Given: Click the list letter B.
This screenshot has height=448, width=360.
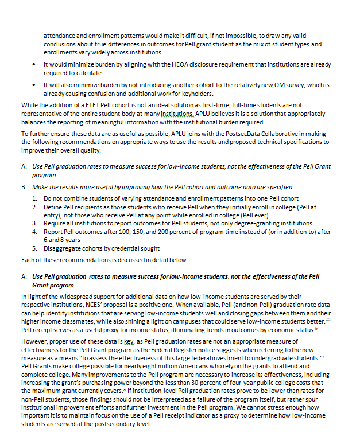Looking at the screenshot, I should tap(24, 187).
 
